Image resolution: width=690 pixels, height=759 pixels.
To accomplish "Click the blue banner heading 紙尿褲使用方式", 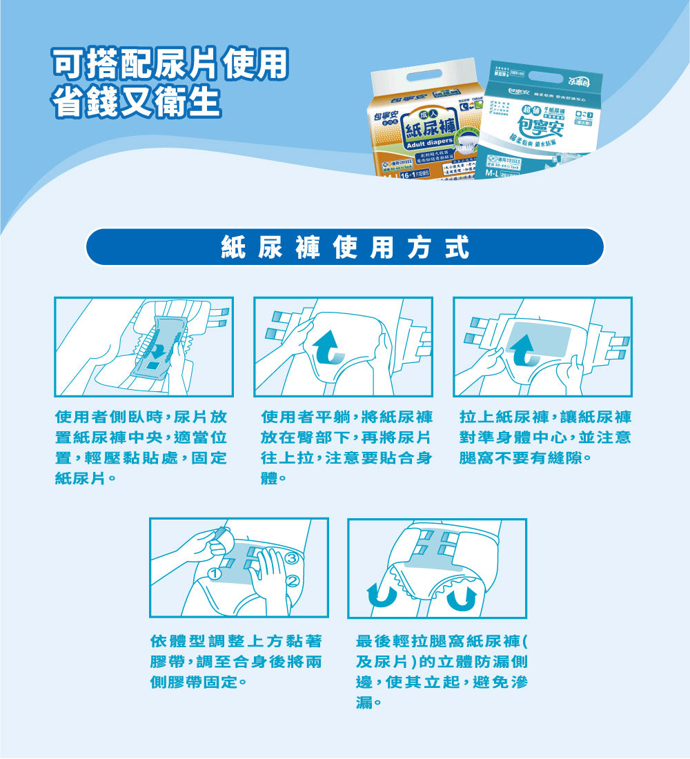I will [x=344, y=247].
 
